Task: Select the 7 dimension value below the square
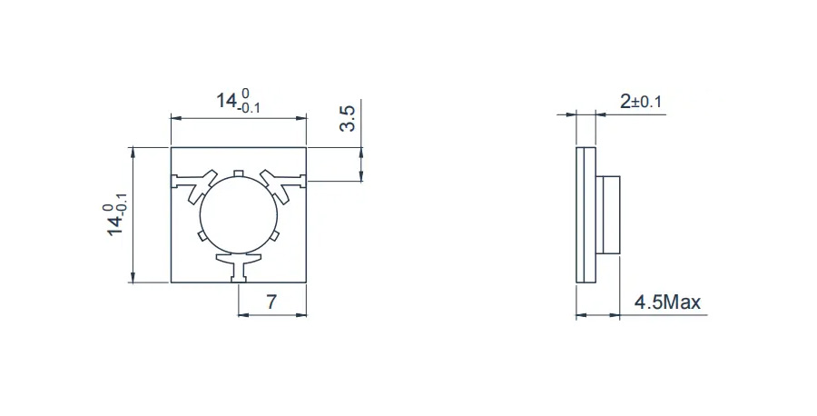[271, 302]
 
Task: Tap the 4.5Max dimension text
[667, 302]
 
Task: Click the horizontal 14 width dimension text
[238, 102]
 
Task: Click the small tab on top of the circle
[238, 173]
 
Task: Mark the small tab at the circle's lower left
[202, 237]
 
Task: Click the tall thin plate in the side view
[585, 214]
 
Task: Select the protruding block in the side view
[607, 214]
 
